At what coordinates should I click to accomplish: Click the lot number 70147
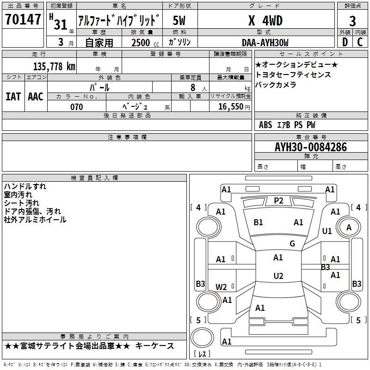point(23,19)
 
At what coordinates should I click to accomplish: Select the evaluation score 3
point(352,21)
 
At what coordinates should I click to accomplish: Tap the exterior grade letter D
point(345,42)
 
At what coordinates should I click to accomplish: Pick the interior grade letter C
point(360,42)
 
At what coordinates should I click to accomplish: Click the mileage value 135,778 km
point(54,66)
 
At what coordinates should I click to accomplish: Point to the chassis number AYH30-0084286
point(311,147)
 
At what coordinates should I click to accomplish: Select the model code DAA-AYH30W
point(265,43)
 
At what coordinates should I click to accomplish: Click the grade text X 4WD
point(265,20)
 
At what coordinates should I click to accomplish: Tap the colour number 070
point(77,107)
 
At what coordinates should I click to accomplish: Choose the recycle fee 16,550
point(231,107)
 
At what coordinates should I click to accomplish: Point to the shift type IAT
point(13,97)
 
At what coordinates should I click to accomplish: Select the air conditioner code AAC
point(36,97)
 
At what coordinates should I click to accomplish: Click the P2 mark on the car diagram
point(278,201)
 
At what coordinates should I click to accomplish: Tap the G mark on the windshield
point(292,243)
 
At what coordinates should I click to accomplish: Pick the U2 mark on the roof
point(278,276)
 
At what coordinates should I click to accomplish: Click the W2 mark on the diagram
point(221,287)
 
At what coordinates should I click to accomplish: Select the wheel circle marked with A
point(349,227)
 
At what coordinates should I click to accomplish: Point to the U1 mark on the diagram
point(327,231)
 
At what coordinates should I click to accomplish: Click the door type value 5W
point(179,20)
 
